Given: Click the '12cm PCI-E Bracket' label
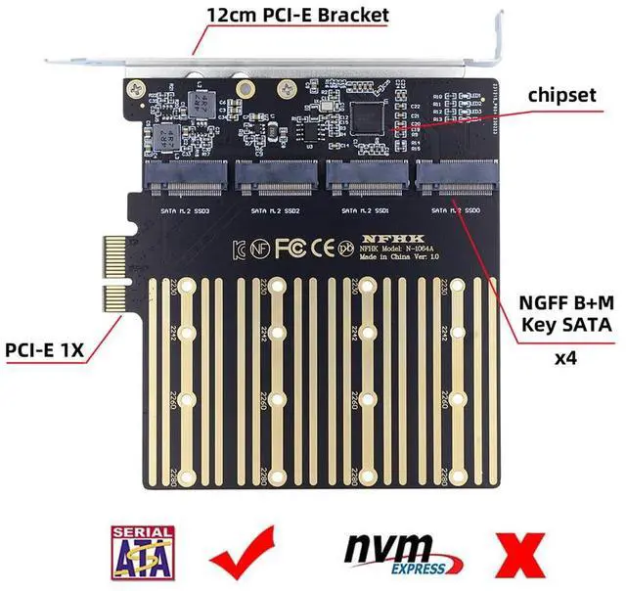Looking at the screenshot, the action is [298, 15].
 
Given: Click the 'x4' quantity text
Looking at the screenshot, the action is [564, 358].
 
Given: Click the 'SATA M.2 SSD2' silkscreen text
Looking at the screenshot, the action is [275, 210].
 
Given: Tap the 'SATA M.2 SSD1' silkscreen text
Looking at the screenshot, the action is [365, 210].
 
